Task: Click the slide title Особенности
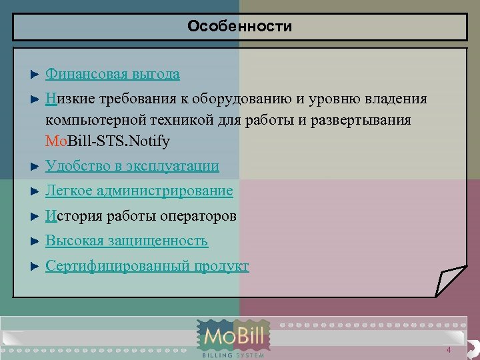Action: coord(240,27)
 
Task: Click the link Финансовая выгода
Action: coord(112,74)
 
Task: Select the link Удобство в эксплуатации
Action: coord(132,166)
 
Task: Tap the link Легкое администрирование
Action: coord(139,191)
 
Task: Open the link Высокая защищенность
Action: coord(127,241)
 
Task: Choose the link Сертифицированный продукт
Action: coord(147,267)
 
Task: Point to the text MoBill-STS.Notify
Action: coord(107,141)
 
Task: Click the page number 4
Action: coord(449,351)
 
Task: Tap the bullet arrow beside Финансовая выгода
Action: coord(36,74)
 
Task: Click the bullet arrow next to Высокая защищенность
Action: coord(36,241)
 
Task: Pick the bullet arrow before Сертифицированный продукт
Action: coord(36,267)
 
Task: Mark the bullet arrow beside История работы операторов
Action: coord(36,216)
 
